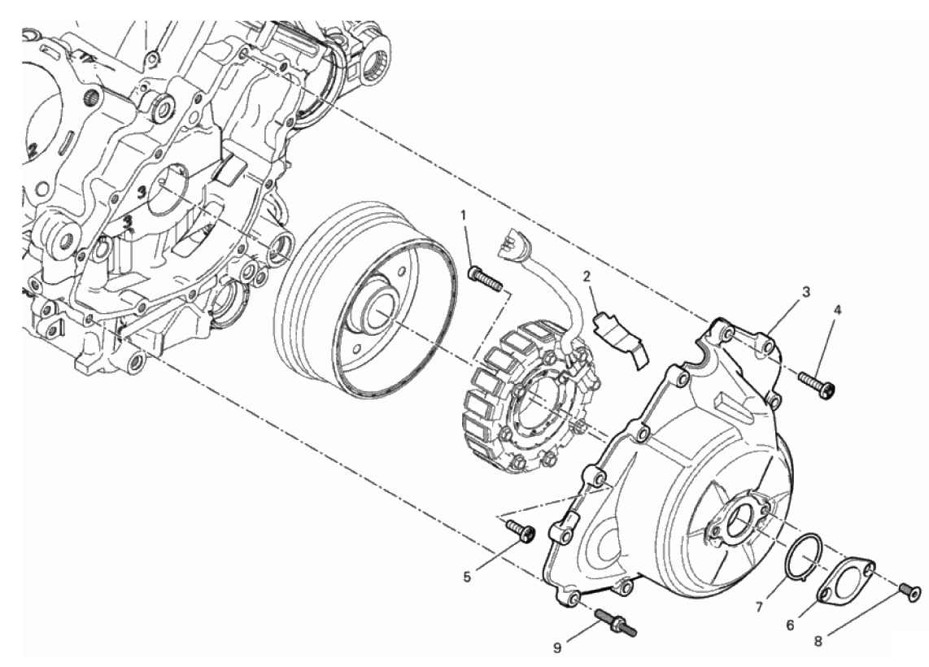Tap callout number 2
[587, 277]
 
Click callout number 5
[467, 577]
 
